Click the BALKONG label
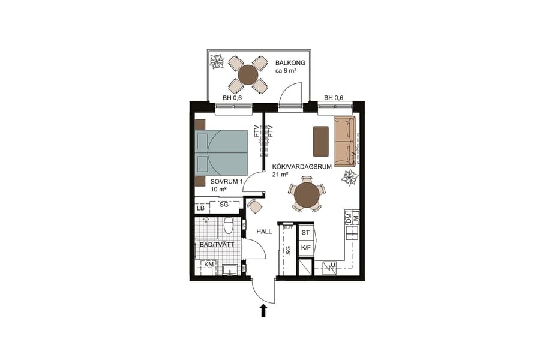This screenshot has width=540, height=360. point(290,63)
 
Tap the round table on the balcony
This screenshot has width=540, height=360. point(247,75)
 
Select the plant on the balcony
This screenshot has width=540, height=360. point(217,61)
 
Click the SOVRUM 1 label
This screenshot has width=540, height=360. point(226,181)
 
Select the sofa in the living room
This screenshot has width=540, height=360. point(344,141)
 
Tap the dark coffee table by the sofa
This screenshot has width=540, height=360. point(321,141)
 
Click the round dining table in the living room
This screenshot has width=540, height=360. point(307,194)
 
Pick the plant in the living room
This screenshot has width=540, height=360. point(349,178)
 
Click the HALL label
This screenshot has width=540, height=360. point(265,231)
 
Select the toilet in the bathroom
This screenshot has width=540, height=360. point(228,226)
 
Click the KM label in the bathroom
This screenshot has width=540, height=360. point(209,265)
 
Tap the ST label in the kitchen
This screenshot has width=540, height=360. point(305,232)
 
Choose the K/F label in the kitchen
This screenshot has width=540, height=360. point(305,247)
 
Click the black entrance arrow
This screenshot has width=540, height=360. point(263,310)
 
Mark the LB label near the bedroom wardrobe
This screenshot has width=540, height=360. point(200,208)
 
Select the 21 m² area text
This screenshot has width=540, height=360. point(280,175)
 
